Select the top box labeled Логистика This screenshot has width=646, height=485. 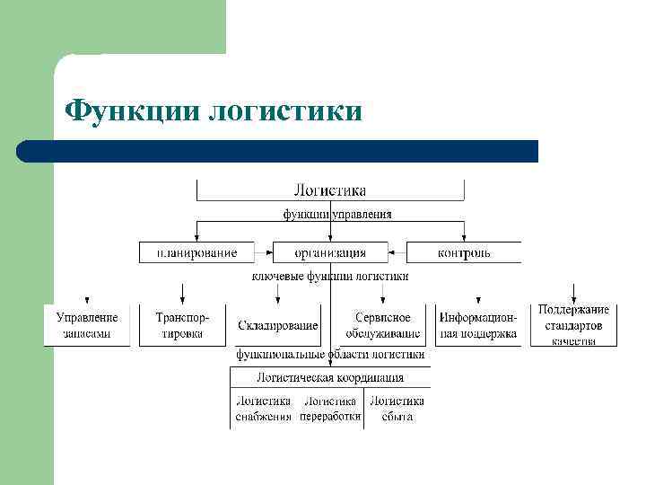point(330,190)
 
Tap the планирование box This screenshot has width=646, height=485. point(196,252)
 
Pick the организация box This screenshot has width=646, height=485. point(330,252)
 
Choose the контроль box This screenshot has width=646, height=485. point(464,252)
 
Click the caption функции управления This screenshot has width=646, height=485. point(337,215)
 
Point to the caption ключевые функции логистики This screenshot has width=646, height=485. point(330,276)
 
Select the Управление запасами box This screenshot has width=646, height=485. point(87,325)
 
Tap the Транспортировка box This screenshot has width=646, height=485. point(182,325)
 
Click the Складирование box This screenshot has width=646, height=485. point(278,325)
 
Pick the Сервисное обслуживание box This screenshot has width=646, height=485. point(383,325)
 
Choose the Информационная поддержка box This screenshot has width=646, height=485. point(478,325)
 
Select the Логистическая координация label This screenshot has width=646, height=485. point(330,378)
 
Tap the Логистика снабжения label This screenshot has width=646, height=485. point(264,409)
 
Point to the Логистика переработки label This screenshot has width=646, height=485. point(330,409)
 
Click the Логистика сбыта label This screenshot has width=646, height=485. point(397,409)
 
